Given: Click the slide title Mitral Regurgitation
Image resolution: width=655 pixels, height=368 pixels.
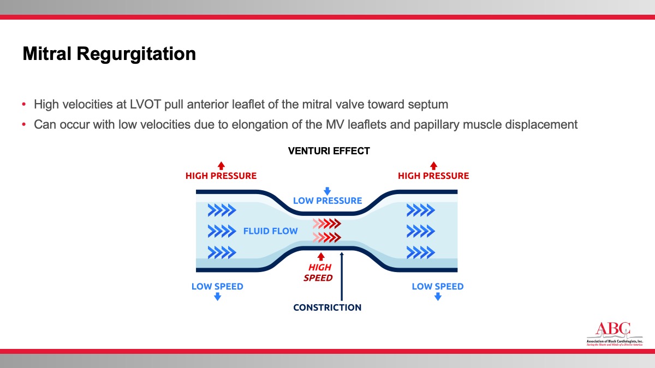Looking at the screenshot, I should click(x=109, y=55).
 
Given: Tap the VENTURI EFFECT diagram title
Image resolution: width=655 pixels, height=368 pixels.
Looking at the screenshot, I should click(x=329, y=151).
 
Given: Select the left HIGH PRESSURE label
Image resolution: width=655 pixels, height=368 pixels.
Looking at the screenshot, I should click(x=221, y=176).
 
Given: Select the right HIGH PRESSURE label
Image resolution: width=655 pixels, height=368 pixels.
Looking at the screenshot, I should click(x=433, y=176).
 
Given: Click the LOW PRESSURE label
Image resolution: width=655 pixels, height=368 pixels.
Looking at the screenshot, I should click(x=327, y=201).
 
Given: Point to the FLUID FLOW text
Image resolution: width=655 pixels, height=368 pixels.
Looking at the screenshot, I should click(x=271, y=231).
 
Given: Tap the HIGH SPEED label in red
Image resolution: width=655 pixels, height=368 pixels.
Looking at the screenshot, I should click(x=320, y=273).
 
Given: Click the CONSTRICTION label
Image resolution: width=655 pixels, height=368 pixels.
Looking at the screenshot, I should click(x=327, y=307).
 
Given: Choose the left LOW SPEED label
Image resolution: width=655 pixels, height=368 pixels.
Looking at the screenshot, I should click(x=217, y=287).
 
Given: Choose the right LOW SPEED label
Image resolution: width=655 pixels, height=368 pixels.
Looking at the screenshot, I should click(x=438, y=287).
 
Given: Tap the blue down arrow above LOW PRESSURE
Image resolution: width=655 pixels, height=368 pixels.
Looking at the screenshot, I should click(x=327, y=191).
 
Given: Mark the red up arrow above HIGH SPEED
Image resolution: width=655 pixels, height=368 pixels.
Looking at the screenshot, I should click(x=321, y=256).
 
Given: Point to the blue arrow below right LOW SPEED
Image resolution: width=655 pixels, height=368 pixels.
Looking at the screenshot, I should click(x=438, y=297).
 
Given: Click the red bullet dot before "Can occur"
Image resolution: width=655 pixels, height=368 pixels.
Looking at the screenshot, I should click(x=24, y=125).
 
